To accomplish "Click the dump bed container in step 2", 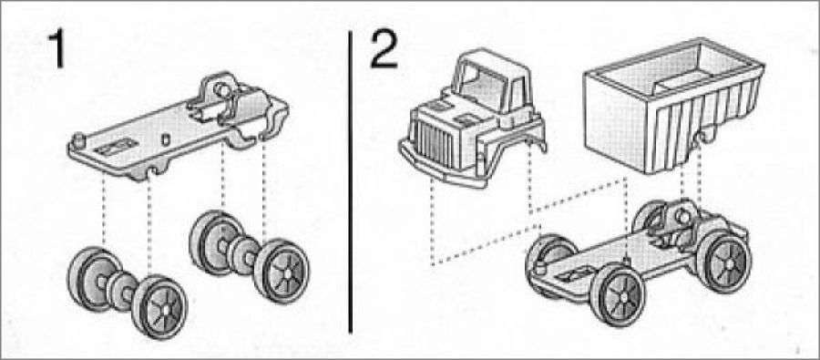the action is point(673,105).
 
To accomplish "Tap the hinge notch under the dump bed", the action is point(706,137).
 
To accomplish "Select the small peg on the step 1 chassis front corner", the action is point(79,140).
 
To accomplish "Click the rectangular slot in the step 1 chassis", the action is point(116,147).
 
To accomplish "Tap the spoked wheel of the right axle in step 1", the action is point(282,272).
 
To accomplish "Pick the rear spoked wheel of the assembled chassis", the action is point(725,261).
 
